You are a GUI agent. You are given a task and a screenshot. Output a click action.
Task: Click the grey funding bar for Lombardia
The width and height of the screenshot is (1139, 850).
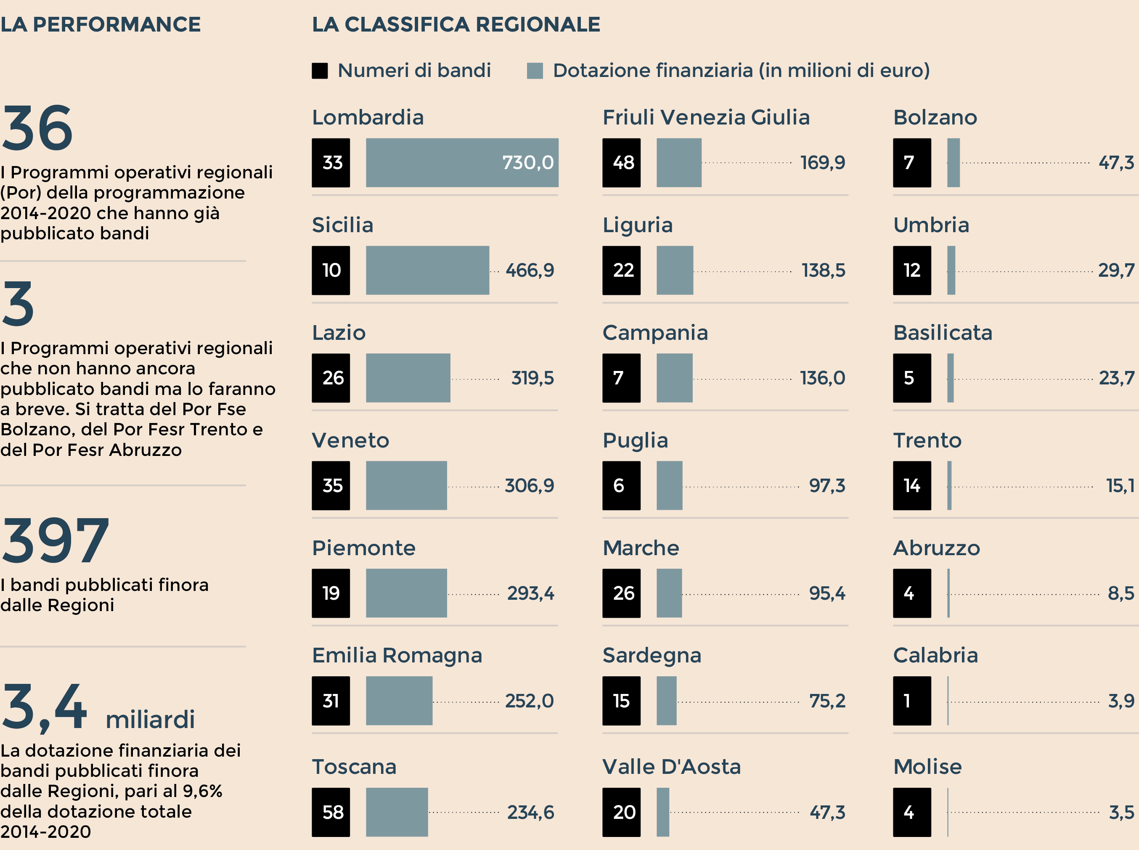pyautogui.click(x=461, y=163)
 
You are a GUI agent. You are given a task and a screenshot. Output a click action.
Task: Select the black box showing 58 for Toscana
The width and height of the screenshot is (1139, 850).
pyautogui.click(x=331, y=812)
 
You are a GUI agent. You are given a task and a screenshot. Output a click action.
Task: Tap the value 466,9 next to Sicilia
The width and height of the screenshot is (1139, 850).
pyautogui.click(x=530, y=270)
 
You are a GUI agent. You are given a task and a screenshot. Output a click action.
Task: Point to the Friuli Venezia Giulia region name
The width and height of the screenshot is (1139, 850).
pyautogui.click(x=706, y=117)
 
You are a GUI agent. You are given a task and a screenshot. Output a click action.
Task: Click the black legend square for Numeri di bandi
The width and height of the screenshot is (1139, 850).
pyautogui.click(x=320, y=71)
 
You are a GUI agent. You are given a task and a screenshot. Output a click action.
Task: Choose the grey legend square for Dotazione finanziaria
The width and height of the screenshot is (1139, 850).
pyautogui.click(x=535, y=71)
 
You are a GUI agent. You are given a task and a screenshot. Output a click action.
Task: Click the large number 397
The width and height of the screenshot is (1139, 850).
pyautogui.click(x=55, y=540)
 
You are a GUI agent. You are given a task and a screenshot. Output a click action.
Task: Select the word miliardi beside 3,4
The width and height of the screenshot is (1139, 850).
pyautogui.click(x=150, y=719)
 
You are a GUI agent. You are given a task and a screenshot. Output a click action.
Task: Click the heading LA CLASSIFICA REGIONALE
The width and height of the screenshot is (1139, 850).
pyautogui.click(x=456, y=24)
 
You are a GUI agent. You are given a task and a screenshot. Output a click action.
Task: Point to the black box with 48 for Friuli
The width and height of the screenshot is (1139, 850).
pyautogui.click(x=622, y=163)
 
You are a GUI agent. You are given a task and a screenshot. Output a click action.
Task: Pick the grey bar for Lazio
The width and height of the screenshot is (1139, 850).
pyautogui.click(x=408, y=378)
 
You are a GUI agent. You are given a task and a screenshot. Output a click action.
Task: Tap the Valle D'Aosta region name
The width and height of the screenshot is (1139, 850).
pyautogui.click(x=671, y=767)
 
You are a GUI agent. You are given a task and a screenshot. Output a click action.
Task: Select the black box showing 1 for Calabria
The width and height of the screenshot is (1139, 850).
pyautogui.click(x=911, y=700)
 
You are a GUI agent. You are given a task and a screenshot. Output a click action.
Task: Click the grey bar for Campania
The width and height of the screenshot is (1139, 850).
pyautogui.click(x=675, y=378)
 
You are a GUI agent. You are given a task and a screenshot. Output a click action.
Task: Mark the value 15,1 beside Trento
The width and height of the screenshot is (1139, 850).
pyautogui.click(x=1120, y=485)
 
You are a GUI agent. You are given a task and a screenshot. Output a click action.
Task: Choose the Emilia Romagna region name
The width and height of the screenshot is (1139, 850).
pyautogui.click(x=397, y=655)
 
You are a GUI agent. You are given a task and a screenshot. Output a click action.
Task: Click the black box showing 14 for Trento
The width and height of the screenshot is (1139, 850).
pyautogui.click(x=911, y=485)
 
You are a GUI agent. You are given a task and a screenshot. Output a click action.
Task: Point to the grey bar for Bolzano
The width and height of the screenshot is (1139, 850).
pyautogui.click(x=953, y=163)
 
